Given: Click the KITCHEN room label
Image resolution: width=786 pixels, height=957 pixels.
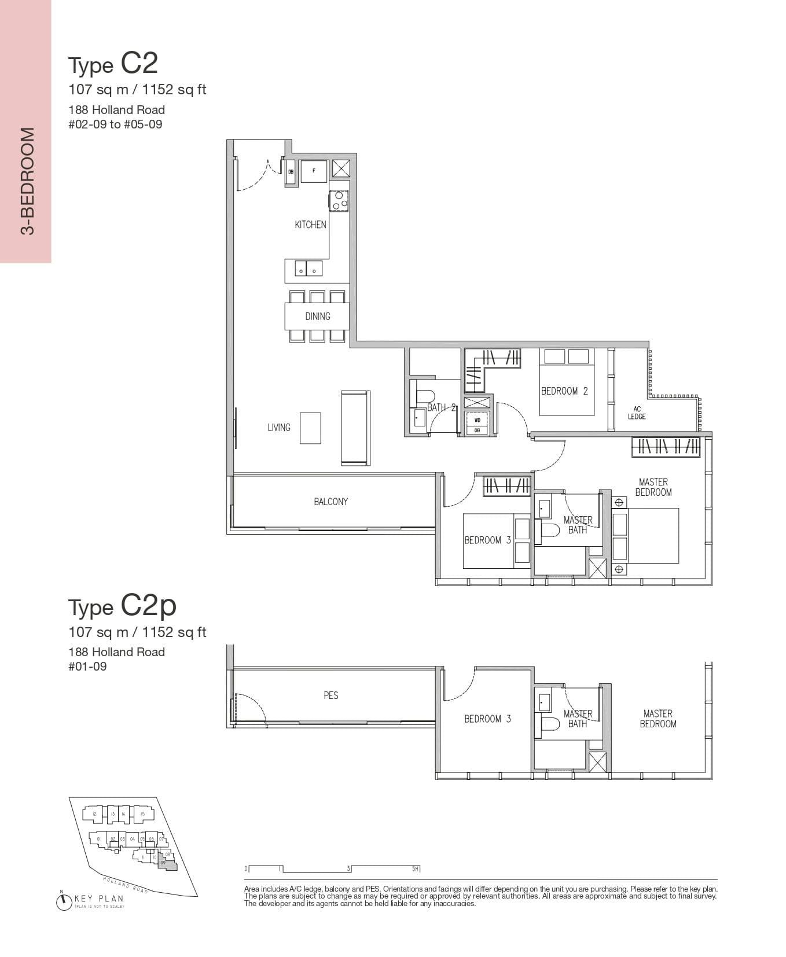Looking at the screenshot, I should click(310, 224).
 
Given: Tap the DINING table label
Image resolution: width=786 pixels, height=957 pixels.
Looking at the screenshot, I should click(317, 316).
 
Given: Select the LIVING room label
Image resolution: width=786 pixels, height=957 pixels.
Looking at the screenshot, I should click(278, 428).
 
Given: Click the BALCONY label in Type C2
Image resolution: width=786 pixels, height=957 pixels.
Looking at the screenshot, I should click(330, 502).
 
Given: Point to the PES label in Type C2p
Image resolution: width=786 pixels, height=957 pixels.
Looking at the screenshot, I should click(330, 695).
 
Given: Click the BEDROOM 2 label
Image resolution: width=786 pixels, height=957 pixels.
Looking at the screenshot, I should click(564, 391).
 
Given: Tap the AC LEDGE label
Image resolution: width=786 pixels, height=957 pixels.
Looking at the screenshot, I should click(637, 413).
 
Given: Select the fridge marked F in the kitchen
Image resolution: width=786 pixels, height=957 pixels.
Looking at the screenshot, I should click(314, 171).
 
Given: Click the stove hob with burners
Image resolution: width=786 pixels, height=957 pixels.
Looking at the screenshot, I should click(339, 200).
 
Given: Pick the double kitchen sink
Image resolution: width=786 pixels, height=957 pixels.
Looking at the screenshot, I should click(308, 269).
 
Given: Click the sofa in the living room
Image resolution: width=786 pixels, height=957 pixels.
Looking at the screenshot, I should click(355, 428).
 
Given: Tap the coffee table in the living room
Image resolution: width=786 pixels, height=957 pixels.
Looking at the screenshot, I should click(310, 428).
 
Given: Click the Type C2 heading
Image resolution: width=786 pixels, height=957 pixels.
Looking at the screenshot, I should click(113, 64).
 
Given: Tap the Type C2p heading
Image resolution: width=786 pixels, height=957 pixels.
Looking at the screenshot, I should click(122, 606).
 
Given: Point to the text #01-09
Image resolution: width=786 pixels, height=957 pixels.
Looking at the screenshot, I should click(87, 667).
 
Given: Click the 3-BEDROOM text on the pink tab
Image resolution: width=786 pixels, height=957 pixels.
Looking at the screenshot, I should click(27, 181).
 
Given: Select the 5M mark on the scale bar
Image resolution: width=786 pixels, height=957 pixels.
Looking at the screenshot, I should click(415, 869).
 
